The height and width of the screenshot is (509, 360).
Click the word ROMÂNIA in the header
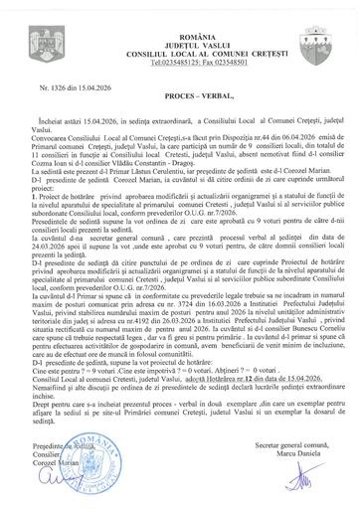point(180,9)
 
